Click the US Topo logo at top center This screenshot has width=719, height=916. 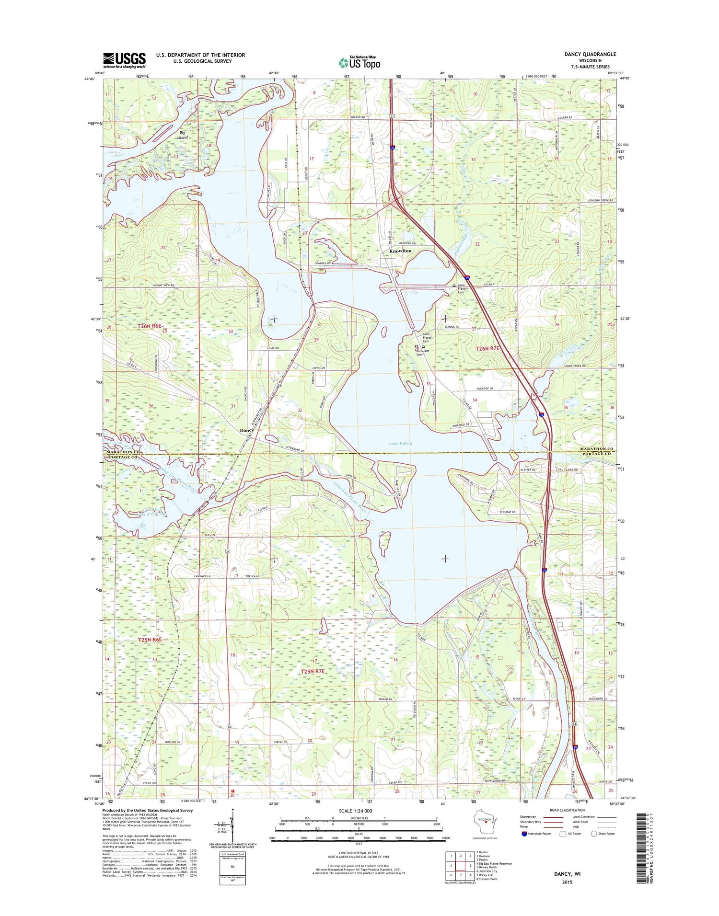pyautogui.click(x=359, y=62)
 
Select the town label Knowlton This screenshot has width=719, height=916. pyautogui.click(x=400, y=251)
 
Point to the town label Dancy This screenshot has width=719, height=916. pyautogui.click(x=246, y=430)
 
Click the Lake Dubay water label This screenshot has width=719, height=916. pyautogui.click(x=400, y=443)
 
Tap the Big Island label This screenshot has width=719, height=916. pyautogui.click(x=182, y=135)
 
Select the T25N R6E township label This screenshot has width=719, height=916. pyautogui.click(x=150, y=640)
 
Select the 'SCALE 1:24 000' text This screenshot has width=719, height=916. pyautogui.click(x=355, y=811)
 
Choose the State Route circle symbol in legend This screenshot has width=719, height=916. pyautogui.click(x=594, y=834)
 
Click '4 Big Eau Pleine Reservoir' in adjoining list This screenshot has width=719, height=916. pyautogui.click(x=494, y=863)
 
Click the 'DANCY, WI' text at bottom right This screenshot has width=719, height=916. pyautogui.click(x=567, y=874)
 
